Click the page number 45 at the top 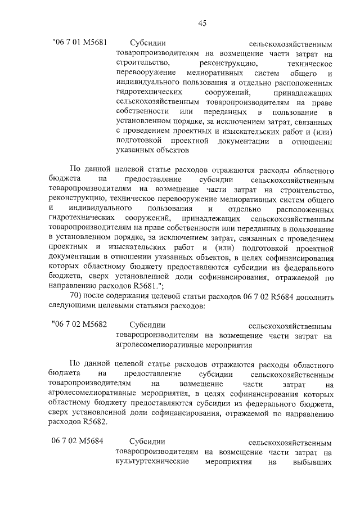pyautogui.click(x=202, y=23)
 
